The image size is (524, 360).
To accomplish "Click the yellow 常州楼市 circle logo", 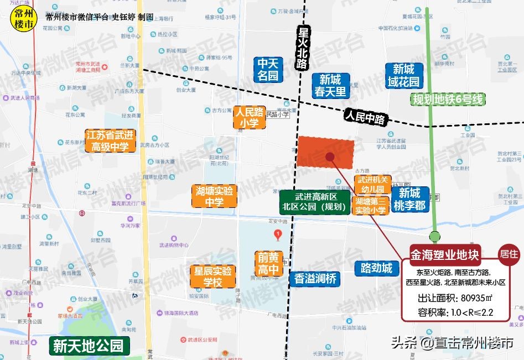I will tap(22, 20).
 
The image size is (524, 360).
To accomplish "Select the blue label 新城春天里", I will tap(330, 86).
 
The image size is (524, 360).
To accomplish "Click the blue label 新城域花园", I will tap(403, 76).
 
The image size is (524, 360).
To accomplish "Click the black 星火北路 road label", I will tap(302, 49).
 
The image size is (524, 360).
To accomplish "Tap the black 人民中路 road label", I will tap(367, 116).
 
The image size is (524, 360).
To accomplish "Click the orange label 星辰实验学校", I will tap(212, 276).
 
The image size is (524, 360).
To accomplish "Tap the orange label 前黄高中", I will tap(269, 263).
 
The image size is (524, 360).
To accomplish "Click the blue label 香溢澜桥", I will tap(315, 279).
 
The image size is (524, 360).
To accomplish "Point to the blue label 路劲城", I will tap(376, 268).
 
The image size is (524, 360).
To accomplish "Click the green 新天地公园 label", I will tap(89, 346).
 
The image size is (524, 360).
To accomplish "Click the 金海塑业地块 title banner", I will tap(445, 255).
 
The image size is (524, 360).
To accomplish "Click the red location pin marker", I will tap(278, 234).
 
